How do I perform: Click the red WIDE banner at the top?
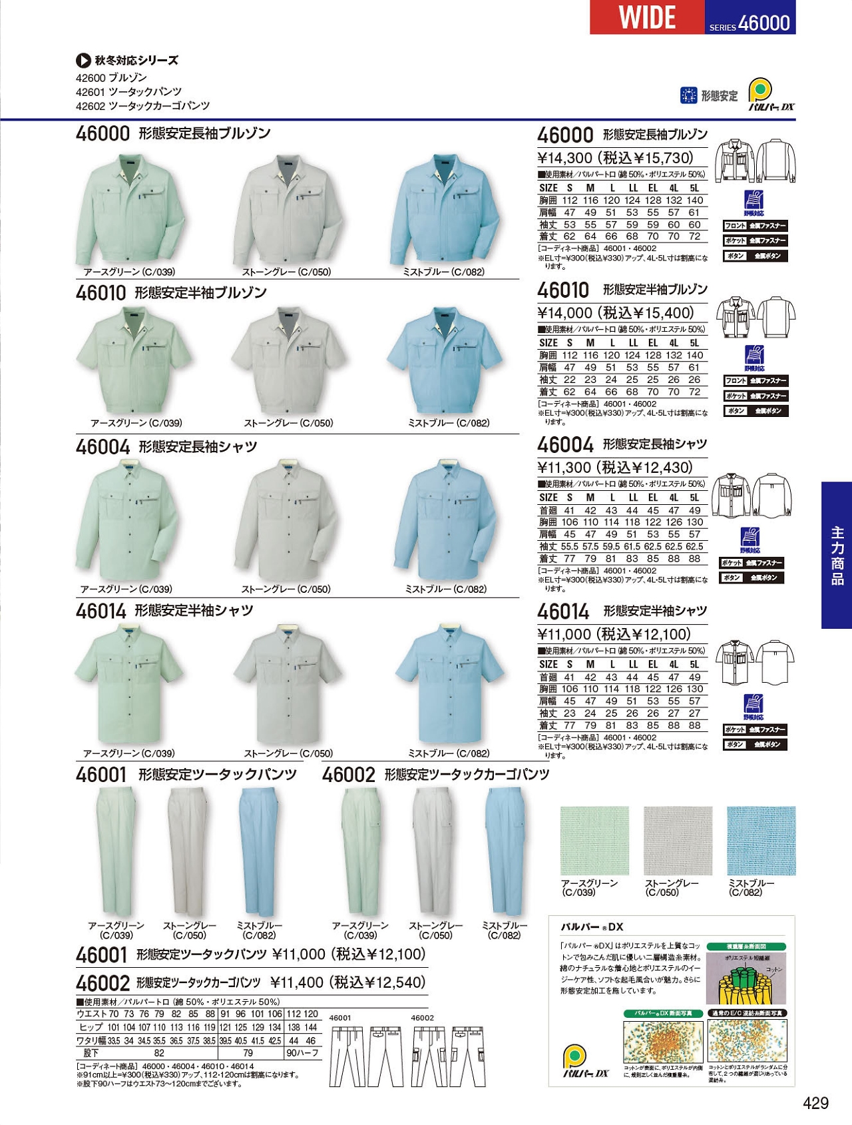(x=646, y=17)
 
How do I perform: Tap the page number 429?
(x=815, y=1103)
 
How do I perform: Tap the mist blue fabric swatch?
(x=761, y=841)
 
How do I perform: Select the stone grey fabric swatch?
(x=678, y=841)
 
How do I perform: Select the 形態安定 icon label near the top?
(x=719, y=96)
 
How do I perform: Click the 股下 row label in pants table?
(x=91, y=1053)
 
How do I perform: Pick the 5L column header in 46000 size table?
(x=694, y=188)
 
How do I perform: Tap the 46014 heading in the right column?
(x=563, y=612)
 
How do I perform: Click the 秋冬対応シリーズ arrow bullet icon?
(x=83, y=61)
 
